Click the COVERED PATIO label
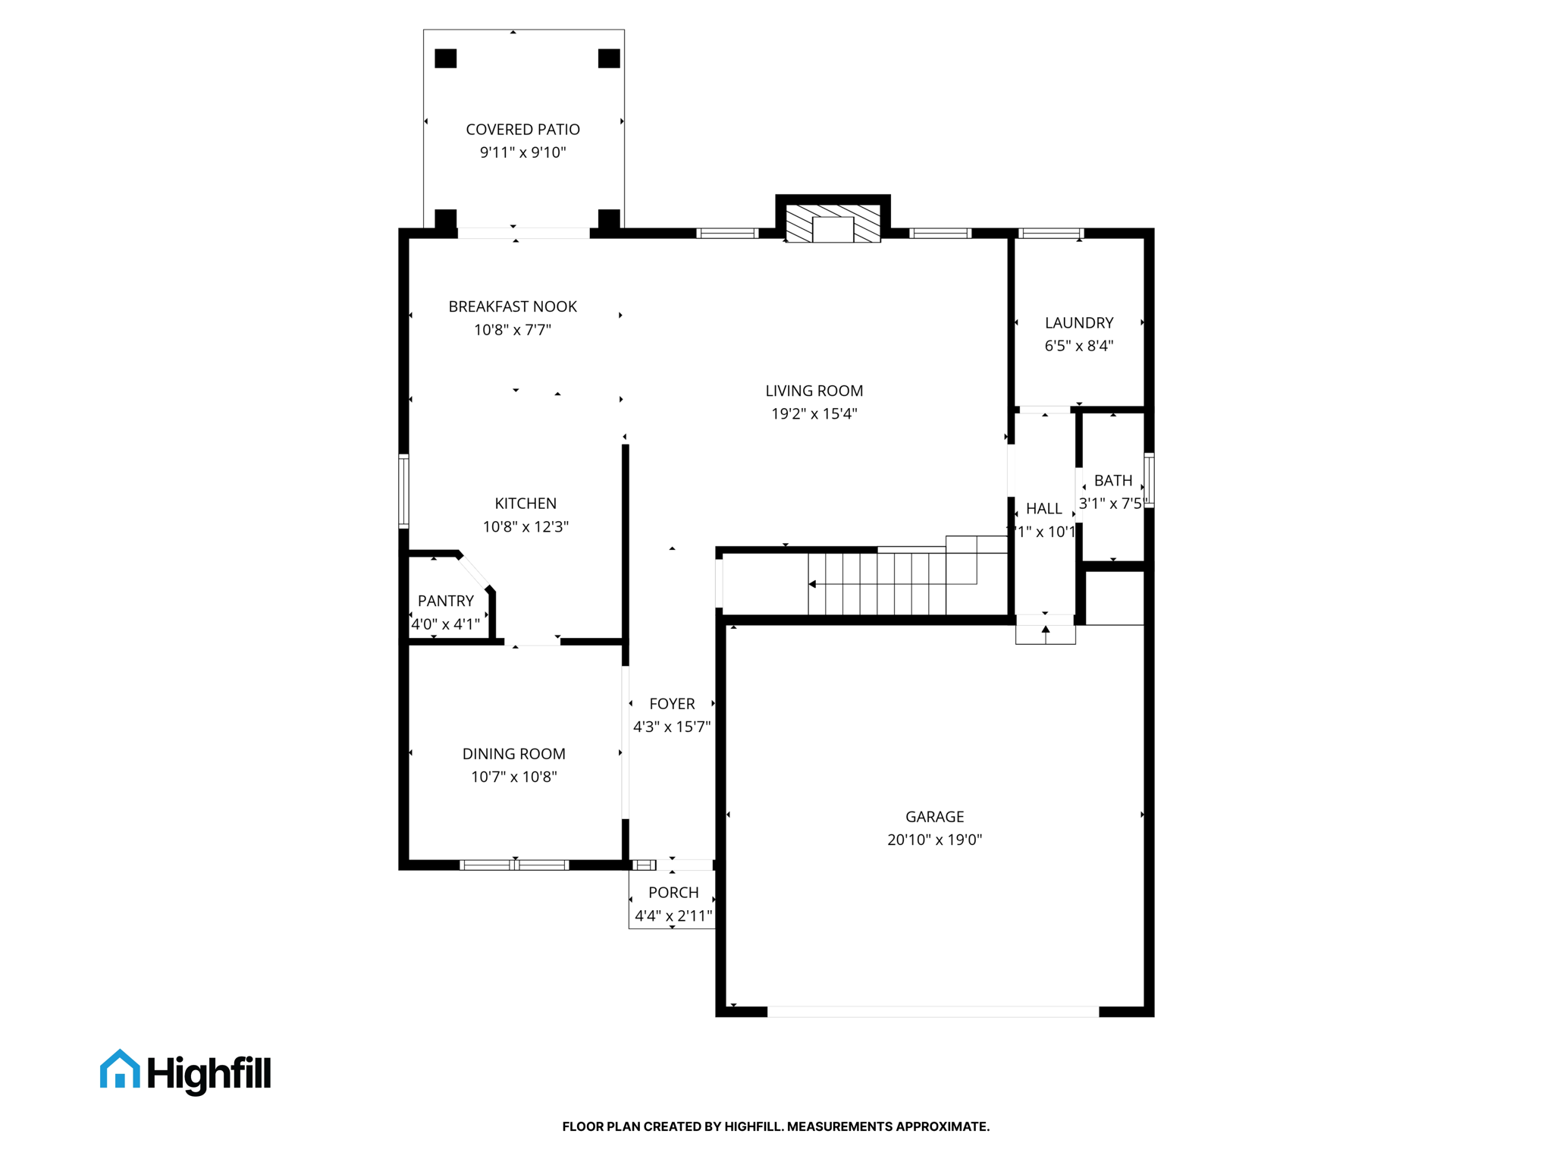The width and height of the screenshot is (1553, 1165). [x=522, y=130]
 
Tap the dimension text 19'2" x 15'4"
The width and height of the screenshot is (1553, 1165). [x=814, y=414]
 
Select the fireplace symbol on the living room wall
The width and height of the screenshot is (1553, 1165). [x=833, y=225]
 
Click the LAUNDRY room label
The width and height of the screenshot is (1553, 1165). [x=1078, y=323]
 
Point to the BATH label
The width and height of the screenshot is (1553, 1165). [x=1112, y=481]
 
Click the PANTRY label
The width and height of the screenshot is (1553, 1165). [x=445, y=601]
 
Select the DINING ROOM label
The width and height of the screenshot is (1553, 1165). [x=513, y=754]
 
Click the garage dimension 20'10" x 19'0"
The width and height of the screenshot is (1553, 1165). [x=934, y=840]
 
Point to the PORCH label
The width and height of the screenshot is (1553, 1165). [x=673, y=893]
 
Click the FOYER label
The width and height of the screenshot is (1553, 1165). [x=672, y=704]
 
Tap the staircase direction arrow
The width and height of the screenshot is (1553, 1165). [x=813, y=584]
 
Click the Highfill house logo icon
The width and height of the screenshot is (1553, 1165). [x=120, y=1069]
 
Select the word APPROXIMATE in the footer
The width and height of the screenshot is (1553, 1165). [x=942, y=1126]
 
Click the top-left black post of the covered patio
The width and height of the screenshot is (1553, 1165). [x=445, y=58]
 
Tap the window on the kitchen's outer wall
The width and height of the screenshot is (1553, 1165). [x=404, y=491]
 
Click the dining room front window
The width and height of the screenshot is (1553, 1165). [x=514, y=865]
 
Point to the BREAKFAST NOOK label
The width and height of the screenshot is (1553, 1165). [x=512, y=306]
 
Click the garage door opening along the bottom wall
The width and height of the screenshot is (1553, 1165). [x=933, y=1012]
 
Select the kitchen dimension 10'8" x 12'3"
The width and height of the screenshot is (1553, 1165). [x=525, y=526]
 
